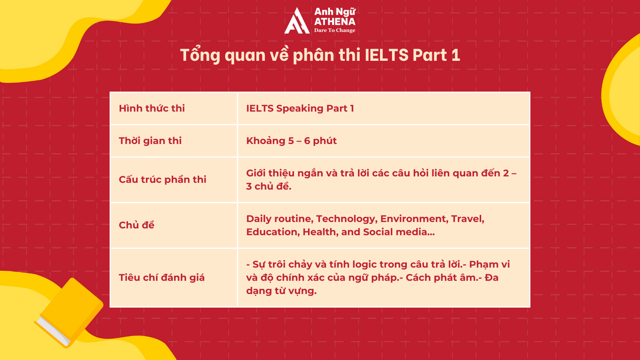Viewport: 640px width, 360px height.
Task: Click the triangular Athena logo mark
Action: pos(297,21)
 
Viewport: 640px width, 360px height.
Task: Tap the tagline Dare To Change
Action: pos(334,30)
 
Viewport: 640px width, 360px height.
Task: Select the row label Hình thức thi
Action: pos(152,108)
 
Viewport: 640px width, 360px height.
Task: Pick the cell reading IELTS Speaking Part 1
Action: pos(300,108)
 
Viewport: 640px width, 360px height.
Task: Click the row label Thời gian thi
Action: pos(150,140)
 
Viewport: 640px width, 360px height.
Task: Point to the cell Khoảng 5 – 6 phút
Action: pos(292,141)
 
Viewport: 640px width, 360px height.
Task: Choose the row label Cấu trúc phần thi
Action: pos(162,180)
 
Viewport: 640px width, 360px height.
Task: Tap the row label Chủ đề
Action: pos(136,225)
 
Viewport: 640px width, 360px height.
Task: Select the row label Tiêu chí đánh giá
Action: pos(162,278)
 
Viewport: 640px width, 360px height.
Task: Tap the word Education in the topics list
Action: pos(273,232)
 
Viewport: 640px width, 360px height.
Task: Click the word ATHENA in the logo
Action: pos(334,22)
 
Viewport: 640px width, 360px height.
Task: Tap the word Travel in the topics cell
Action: pos(468,219)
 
